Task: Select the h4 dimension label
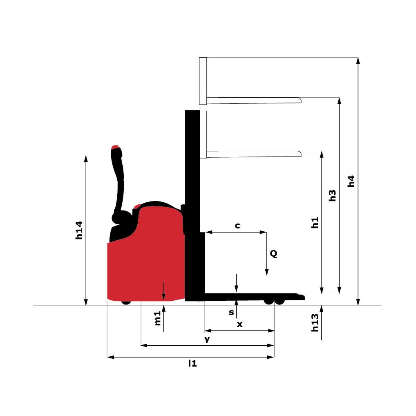351,181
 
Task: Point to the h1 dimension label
315,222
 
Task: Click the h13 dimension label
315,323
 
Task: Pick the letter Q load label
273,254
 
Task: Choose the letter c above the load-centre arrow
237,226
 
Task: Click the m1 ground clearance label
158,319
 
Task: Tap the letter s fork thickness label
231,313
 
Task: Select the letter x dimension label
240,324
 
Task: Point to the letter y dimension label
207,339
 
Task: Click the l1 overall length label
192,363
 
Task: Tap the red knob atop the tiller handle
115,147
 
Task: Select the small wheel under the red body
126,302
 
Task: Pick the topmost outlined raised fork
253,100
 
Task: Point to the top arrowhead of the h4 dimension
358,60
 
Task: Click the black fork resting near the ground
253,296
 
